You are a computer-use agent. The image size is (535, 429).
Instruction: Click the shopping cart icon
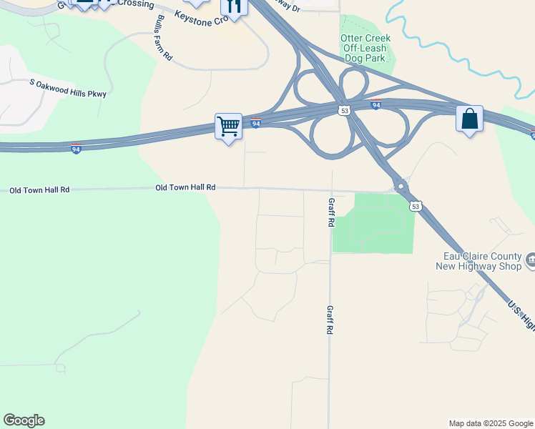point(229,127)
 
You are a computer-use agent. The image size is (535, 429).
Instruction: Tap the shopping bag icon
point(469,119)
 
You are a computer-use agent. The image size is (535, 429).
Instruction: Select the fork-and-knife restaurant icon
point(234,7)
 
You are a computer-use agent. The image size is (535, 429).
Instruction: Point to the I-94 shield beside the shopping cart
point(256,124)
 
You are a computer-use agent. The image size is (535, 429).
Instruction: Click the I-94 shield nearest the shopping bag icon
point(376,105)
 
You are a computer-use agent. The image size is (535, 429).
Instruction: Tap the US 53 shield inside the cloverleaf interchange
point(345,111)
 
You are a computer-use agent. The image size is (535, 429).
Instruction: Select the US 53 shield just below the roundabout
point(415,206)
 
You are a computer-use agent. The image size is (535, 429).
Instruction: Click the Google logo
point(24,420)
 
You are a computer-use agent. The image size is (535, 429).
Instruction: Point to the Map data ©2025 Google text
point(491,423)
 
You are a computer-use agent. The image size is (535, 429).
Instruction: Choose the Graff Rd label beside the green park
point(331,212)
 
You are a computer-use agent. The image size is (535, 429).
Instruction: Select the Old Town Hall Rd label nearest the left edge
point(39,190)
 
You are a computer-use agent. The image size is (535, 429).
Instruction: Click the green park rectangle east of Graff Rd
point(373,223)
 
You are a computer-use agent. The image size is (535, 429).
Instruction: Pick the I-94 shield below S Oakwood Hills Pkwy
point(76,149)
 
